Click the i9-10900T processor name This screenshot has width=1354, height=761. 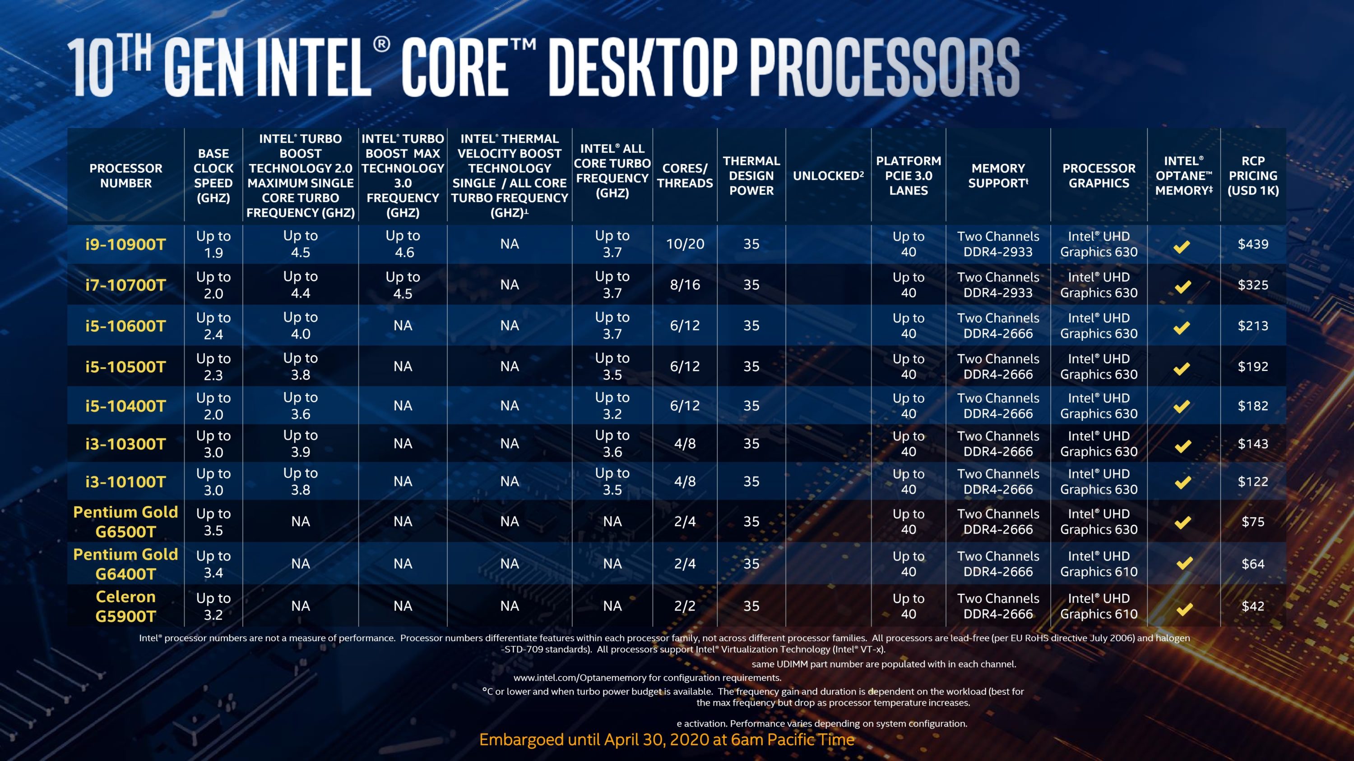[125, 244]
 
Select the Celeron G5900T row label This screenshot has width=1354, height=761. [125, 606]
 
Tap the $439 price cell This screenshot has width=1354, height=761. [1253, 244]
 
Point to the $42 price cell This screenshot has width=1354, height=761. [1253, 606]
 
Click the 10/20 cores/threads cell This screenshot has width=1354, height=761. [685, 244]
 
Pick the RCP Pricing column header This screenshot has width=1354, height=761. [1253, 175]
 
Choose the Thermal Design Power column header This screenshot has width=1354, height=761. [751, 175]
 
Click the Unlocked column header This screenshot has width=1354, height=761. [828, 176]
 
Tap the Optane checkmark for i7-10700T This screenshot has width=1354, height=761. [1182, 287]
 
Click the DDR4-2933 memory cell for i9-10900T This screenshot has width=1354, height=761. [997, 244]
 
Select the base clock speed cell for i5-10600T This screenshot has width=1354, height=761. [213, 325]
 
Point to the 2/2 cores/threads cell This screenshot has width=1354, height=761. [685, 606]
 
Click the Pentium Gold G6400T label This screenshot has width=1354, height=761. [125, 564]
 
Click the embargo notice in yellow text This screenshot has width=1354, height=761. [667, 739]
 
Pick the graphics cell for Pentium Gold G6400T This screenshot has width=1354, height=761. [1099, 564]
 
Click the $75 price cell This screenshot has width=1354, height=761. [1253, 522]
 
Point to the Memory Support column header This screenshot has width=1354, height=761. [997, 175]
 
